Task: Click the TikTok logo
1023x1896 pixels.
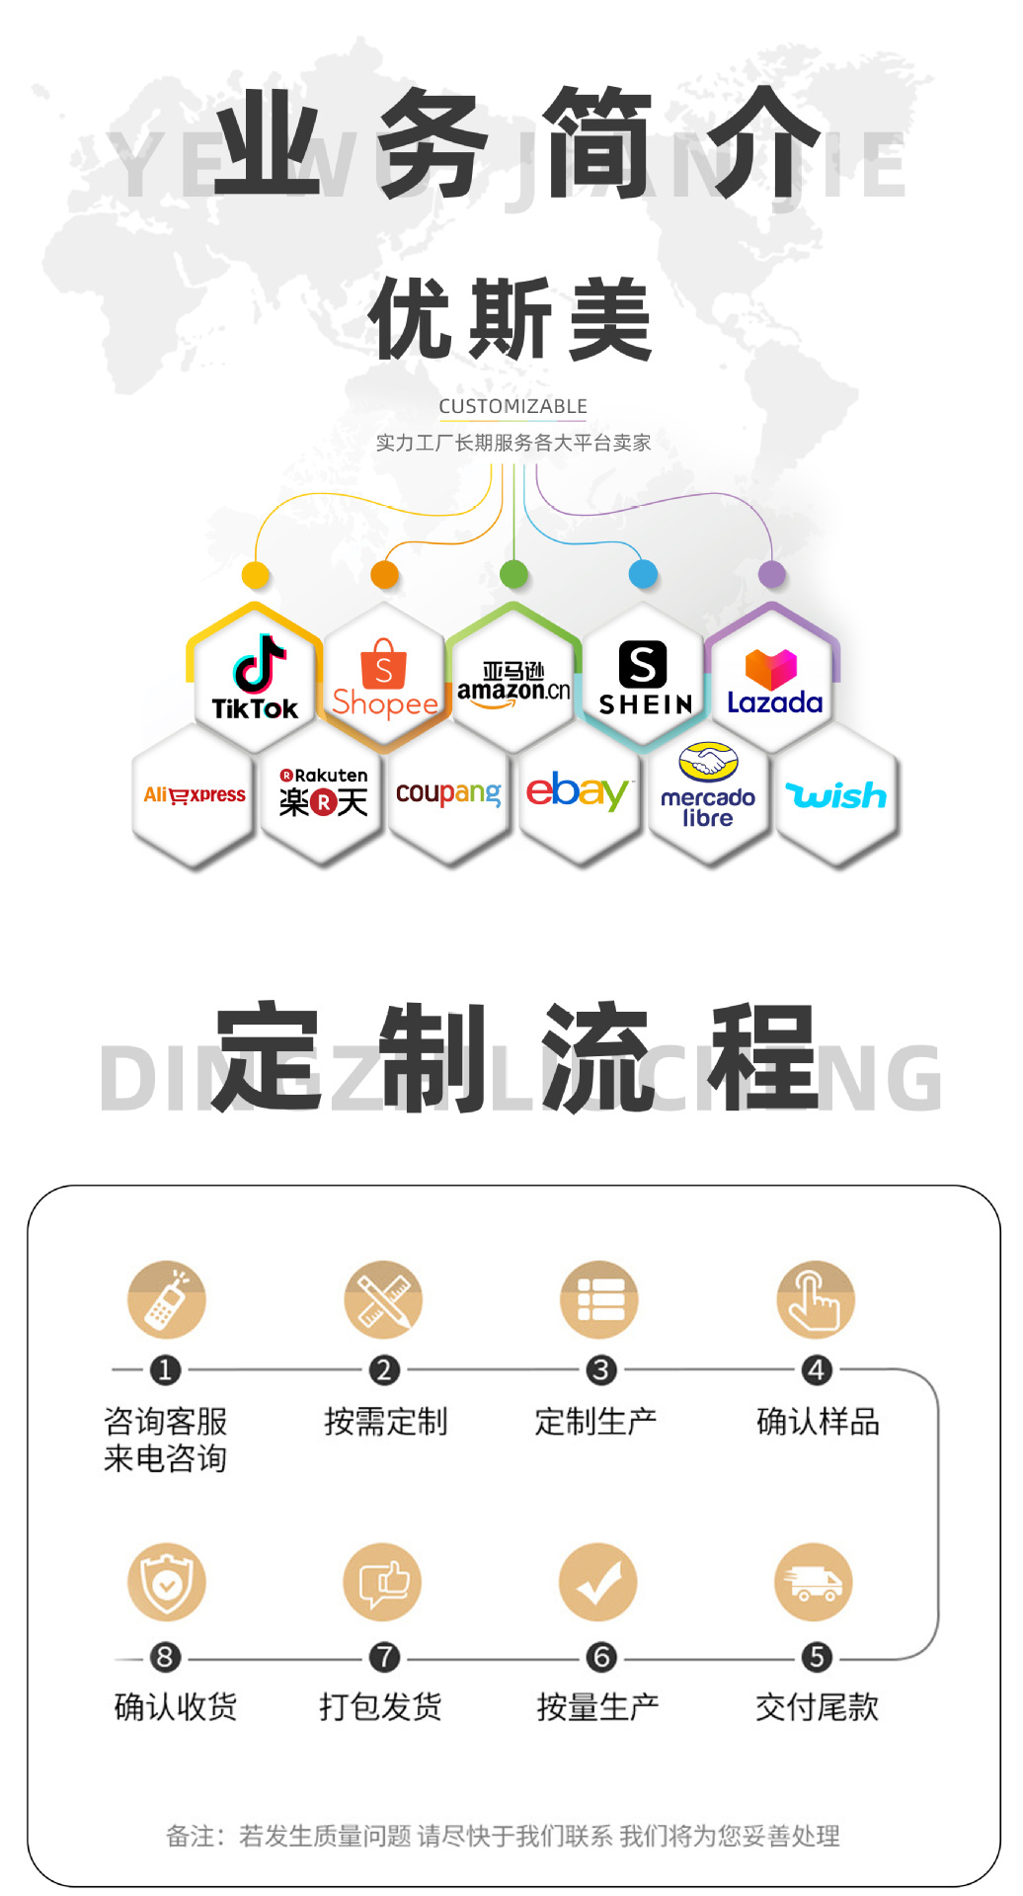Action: (x=256, y=677)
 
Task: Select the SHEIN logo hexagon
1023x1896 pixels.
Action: (x=644, y=678)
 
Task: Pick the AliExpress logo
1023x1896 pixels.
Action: (x=195, y=795)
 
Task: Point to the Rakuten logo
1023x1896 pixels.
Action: (x=323, y=792)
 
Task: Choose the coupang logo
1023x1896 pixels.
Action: (x=448, y=793)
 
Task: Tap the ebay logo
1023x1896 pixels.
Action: (x=578, y=792)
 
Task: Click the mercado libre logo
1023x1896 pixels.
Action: (x=708, y=787)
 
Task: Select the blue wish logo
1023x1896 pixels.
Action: (x=836, y=795)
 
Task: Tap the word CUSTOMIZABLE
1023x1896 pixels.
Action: (x=512, y=406)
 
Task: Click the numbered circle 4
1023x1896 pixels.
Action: (x=817, y=1370)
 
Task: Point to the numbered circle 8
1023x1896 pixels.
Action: (x=165, y=1657)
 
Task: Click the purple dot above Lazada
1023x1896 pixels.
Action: (x=772, y=573)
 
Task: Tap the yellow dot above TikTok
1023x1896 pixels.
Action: (x=256, y=574)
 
